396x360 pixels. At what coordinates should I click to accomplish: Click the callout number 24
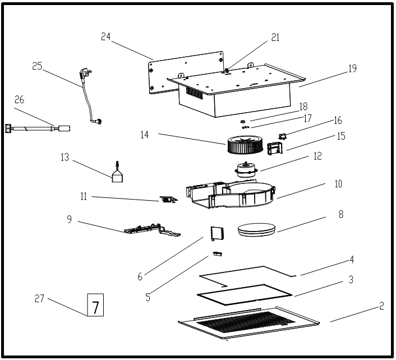[x=107, y=37]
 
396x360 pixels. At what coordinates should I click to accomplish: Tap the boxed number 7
[x=95, y=306]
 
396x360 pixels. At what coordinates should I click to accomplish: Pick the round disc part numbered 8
[x=257, y=229]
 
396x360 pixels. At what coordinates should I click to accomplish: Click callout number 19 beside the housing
[x=352, y=69]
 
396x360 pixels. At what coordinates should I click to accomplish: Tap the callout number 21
[x=274, y=37]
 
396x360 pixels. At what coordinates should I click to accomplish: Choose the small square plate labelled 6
[x=216, y=232]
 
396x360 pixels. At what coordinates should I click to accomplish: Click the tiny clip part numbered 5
[x=218, y=255]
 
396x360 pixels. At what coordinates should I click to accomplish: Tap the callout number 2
[x=381, y=306]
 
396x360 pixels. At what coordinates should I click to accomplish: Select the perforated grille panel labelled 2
[x=247, y=324]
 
